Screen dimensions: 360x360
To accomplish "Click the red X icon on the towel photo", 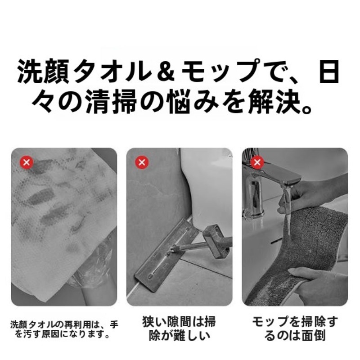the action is [27, 162].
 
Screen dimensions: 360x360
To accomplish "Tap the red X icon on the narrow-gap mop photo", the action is [142, 162].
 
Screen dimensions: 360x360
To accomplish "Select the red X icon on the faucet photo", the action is [257, 162].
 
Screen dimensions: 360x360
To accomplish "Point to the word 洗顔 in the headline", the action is [43, 71].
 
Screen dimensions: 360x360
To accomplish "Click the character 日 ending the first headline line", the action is [329, 71].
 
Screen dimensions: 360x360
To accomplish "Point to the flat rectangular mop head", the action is [166, 255].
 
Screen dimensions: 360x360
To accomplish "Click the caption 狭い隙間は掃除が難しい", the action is [179, 328].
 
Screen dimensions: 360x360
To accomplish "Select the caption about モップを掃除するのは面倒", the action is [295, 328].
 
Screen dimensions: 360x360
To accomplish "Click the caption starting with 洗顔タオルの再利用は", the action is [64, 329].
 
